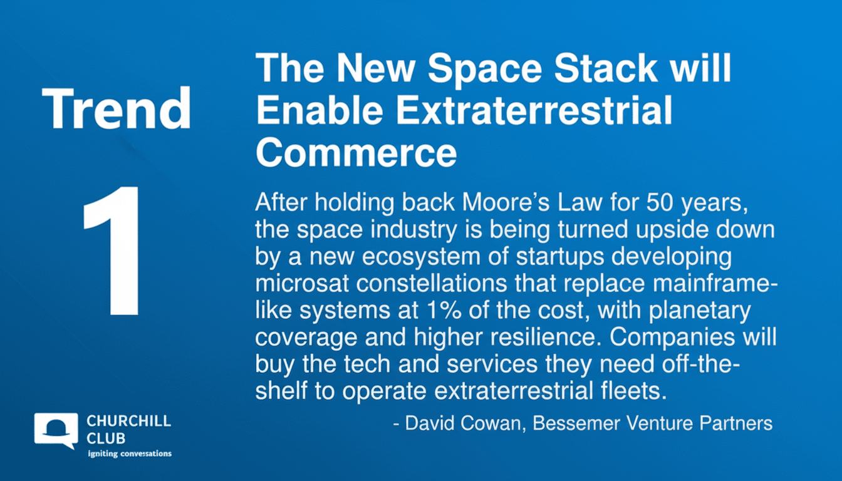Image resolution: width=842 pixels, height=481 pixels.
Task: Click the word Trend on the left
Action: (116, 109)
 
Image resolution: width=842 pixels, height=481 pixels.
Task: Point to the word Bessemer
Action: (579, 423)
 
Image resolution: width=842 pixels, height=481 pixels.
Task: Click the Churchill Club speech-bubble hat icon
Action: (56, 430)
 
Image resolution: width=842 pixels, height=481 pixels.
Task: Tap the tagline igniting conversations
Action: (129, 453)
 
